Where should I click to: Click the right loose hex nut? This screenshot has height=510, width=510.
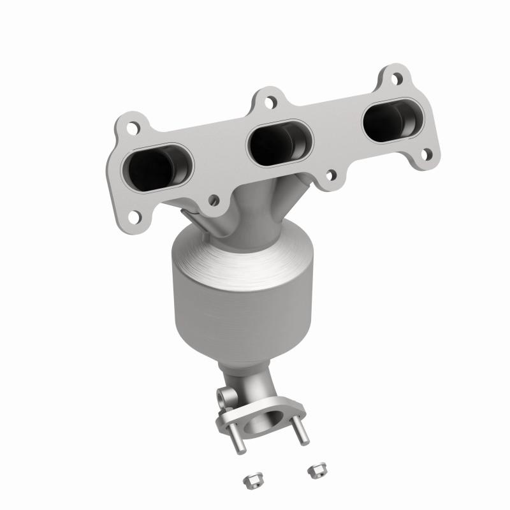[x=314, y=471]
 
